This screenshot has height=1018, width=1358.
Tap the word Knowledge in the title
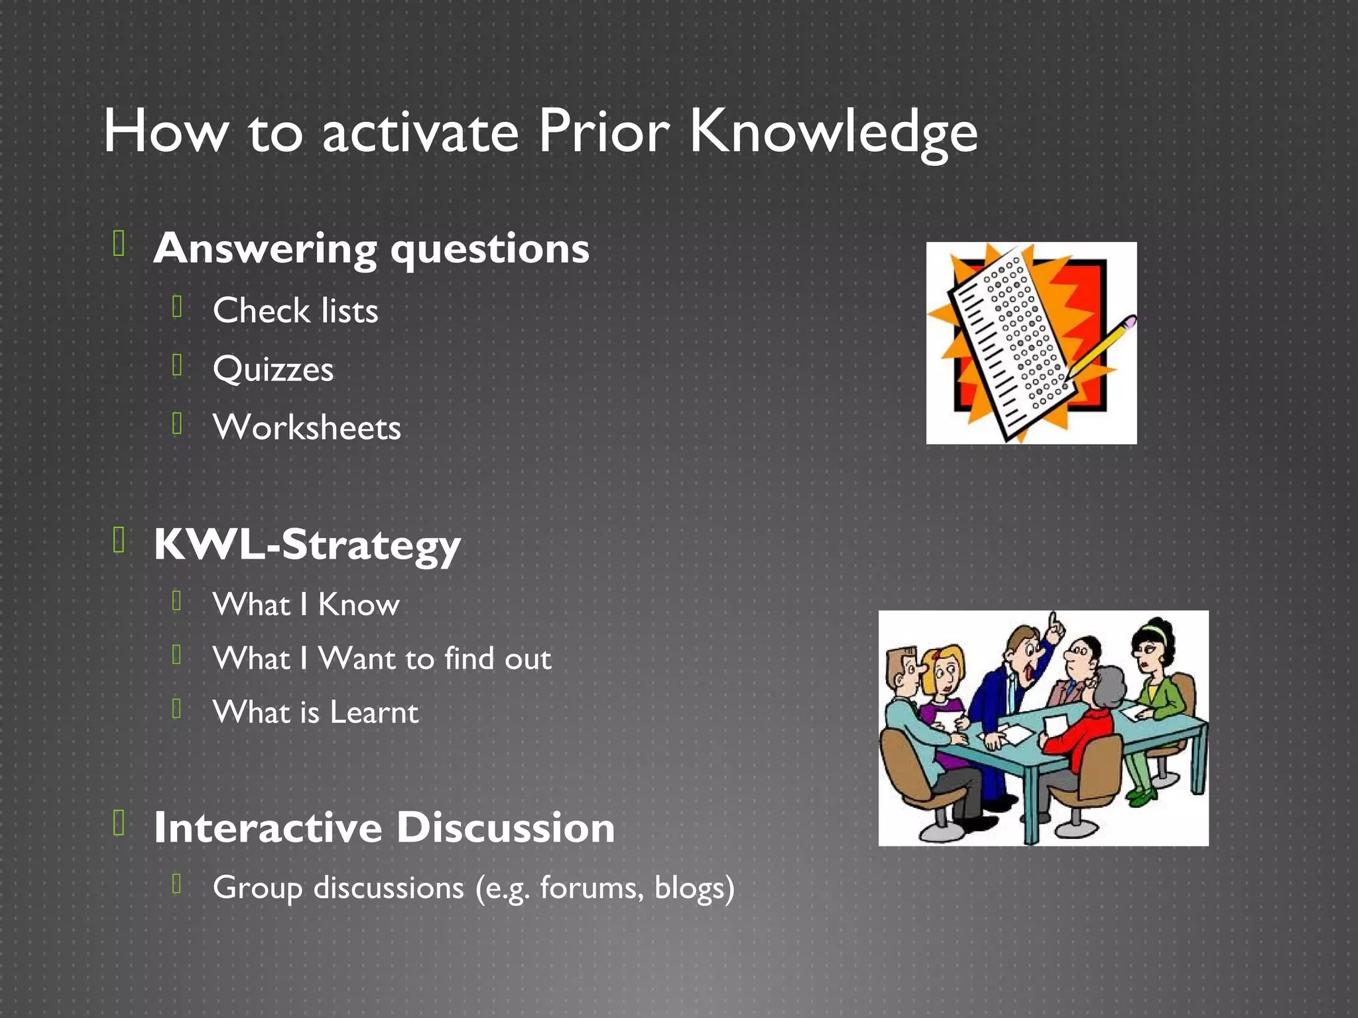(833, 133)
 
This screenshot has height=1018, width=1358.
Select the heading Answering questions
(371, 249)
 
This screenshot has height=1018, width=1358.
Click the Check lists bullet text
(295, 310)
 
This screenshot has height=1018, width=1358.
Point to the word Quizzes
(273, 368)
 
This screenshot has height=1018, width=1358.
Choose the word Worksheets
(306, 427)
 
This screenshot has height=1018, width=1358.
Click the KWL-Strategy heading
(306, 545)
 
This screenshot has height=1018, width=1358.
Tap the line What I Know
(306, 604)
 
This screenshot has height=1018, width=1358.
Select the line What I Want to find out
(381, 658)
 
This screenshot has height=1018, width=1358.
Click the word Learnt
(374, 712)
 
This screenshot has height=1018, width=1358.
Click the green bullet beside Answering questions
(119, 243)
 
